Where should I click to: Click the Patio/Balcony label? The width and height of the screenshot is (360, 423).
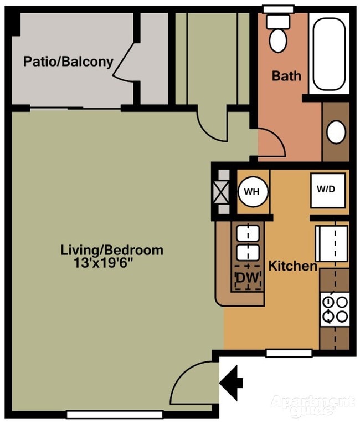pyautogui.click(x=68, y=61)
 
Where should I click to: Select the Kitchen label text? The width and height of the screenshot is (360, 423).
pyautogui.click(x=293, y=266)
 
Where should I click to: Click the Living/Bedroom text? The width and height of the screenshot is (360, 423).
pyautogui.click(x=112, y=250)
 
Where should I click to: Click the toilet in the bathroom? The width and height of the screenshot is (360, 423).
pyautogui.click(x=277, y=34)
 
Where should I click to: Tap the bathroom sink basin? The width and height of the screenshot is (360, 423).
pyautogui.click(x=336, y=132)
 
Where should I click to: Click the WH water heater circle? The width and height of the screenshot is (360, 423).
pyautogui.click(x=253, y=192)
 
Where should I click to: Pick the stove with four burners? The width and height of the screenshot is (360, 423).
pyautogui.click(x=335, y=309)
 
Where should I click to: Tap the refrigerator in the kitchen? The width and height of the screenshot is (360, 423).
pyautogui.click(x=332, y=243)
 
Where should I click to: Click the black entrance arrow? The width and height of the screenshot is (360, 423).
pyautogui.click(x=232, y=381)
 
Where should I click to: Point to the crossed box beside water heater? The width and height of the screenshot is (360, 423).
pyautogui.click(x=222, y=192)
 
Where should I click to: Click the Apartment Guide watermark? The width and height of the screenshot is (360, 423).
pyautogui.click(x=312, y=405)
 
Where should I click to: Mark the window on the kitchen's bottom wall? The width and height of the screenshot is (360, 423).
pyautogui.click(x=289, y=353)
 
